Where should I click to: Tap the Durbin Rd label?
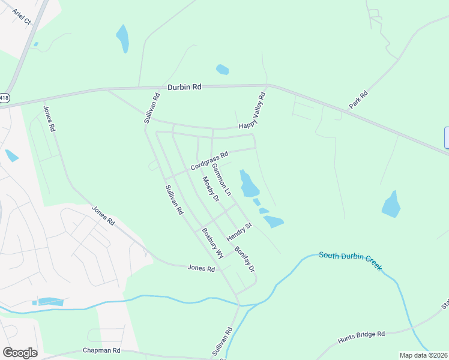point(184,87)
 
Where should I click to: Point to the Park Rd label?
point(358,100)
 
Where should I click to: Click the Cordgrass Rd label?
point(209,160)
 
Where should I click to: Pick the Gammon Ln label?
point(221,178)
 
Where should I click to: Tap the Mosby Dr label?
point(209,187)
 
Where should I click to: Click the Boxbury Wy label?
point(212,243)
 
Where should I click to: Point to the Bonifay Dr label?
point(245,259)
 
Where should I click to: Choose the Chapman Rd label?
point(101,350)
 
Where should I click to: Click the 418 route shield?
point(5,97)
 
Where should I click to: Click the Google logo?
point(20,353)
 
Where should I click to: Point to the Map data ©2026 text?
point(423,355)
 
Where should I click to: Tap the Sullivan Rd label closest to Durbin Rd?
point(152,108)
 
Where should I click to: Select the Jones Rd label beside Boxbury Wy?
point(201,269)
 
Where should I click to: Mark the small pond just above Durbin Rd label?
point(222,70)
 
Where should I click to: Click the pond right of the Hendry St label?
point(273,221)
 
